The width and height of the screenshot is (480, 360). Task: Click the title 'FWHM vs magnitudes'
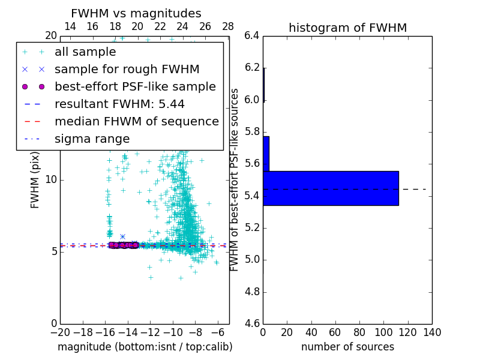(x=136, y=14)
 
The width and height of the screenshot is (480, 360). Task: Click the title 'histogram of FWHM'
(x=347, y=28)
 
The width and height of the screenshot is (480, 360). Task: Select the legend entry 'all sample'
(x=85, y=52)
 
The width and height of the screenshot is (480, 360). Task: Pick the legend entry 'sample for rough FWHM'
(x=127, y=69)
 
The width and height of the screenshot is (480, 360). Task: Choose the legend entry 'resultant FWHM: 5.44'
(x=119, y=104)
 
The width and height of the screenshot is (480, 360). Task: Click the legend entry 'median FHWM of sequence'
(x=136, y=121)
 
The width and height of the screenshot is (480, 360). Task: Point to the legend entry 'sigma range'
(x=92, y=139)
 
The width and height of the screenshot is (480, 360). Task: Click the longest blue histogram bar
(x=331, y=188)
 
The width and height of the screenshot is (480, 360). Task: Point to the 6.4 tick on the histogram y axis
(x=252, y=35)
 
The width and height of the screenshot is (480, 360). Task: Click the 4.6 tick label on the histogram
(x=252, y=323)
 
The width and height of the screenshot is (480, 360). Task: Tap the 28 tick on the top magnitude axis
(x=228, y=26)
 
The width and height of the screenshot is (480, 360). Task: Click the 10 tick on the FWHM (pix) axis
(x=50, y=179)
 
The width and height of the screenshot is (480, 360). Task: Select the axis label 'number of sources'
(x=347, y=347)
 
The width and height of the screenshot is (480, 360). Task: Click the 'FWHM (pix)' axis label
(x=35, y=179)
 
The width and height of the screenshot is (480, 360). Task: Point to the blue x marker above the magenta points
(x=122, y=237)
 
